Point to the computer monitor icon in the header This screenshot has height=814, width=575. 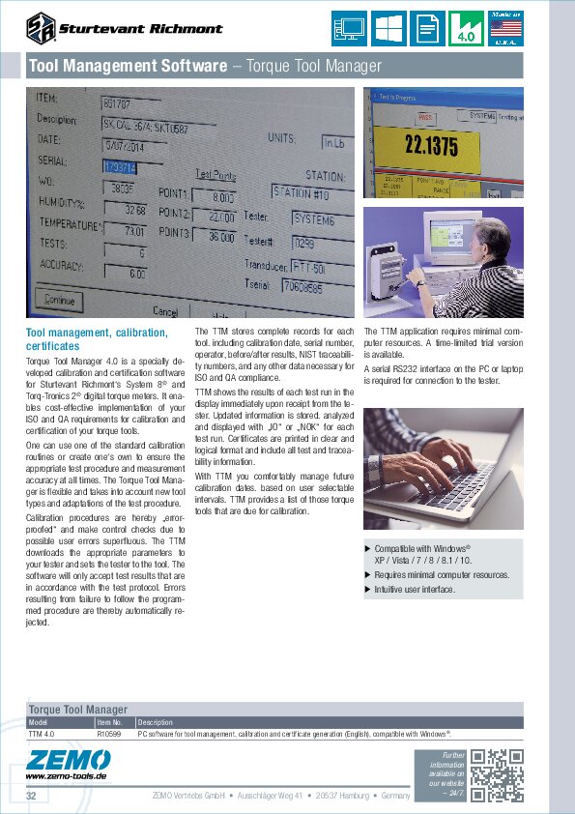point(348,28)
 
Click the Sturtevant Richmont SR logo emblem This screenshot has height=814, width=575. point(42,28)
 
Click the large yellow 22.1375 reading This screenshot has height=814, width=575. point(431,147)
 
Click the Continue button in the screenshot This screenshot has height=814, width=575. point(59,300)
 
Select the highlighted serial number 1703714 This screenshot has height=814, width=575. point(120,166)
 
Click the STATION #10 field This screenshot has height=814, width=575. point(306,191)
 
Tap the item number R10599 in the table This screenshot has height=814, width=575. point(109,735)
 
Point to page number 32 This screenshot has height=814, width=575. point(31,796)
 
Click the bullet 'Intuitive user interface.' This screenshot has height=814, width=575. point(415,589)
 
